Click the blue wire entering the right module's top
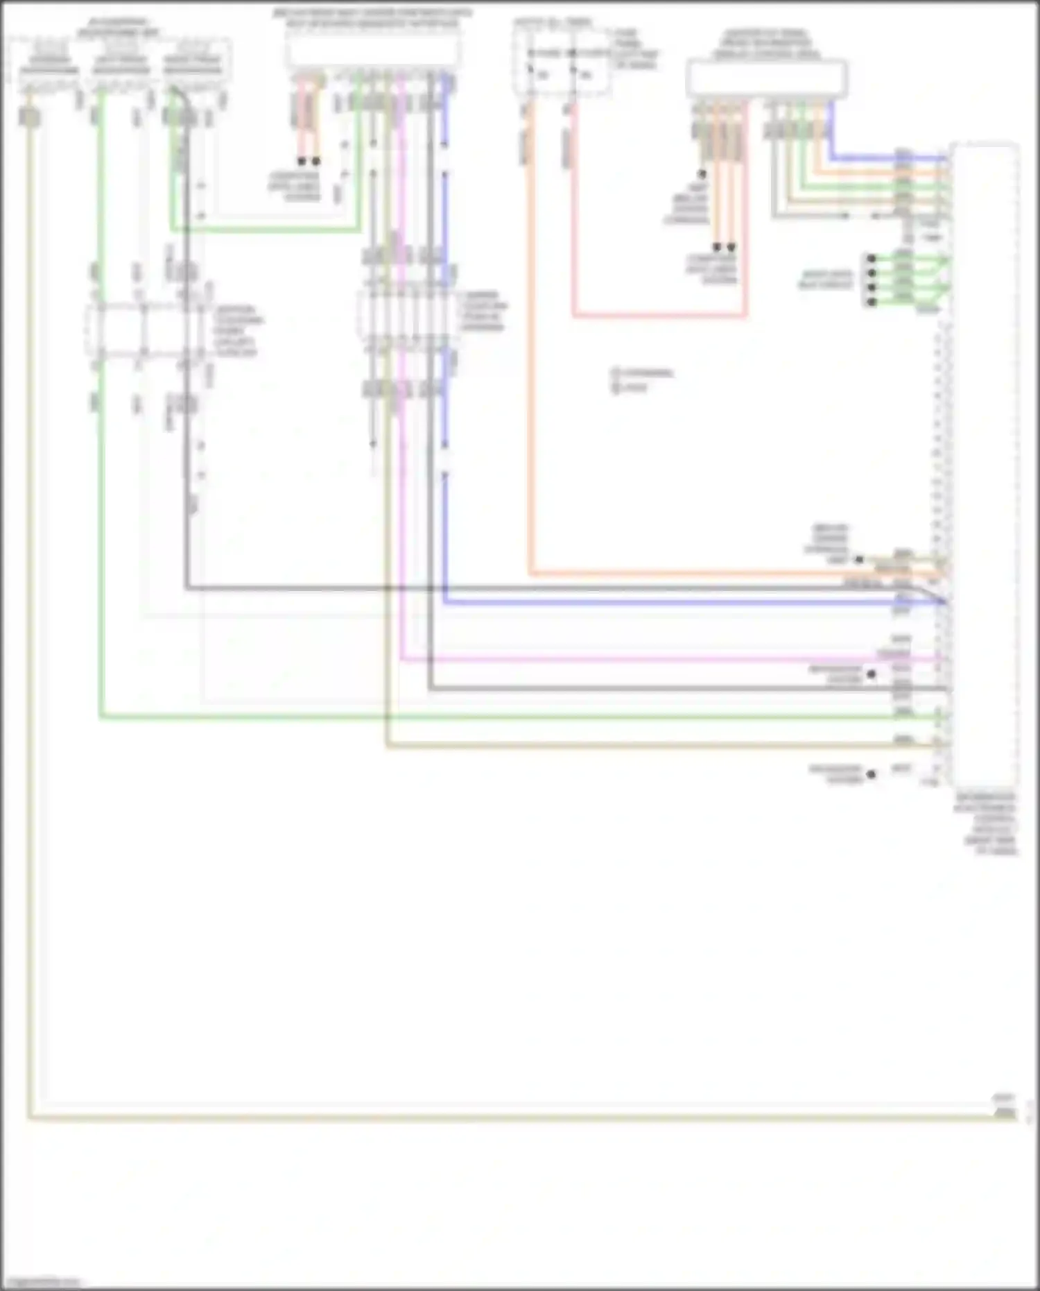click(x=887, y=158)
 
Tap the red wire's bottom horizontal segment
click(x=659, y=316)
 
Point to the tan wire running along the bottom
click(x=485, y=1117)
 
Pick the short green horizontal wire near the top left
click(x=263, y=229)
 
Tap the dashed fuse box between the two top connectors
click(x=562, y=62)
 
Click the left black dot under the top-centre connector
click(x=302, y=161)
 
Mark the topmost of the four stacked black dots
click(x=872, y=258)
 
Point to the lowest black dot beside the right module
click(x=872, y=773)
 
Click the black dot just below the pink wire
click(x=872, y=674)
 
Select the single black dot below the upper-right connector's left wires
click(x=702, y=174)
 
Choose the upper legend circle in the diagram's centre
click(x=615, y=373)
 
